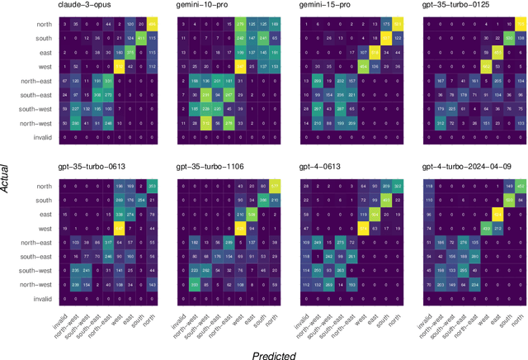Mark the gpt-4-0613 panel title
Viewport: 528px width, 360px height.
pyautogui.click(x=317, y=166)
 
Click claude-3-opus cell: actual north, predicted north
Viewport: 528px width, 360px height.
pyautogui.click(x=153, y=25)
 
